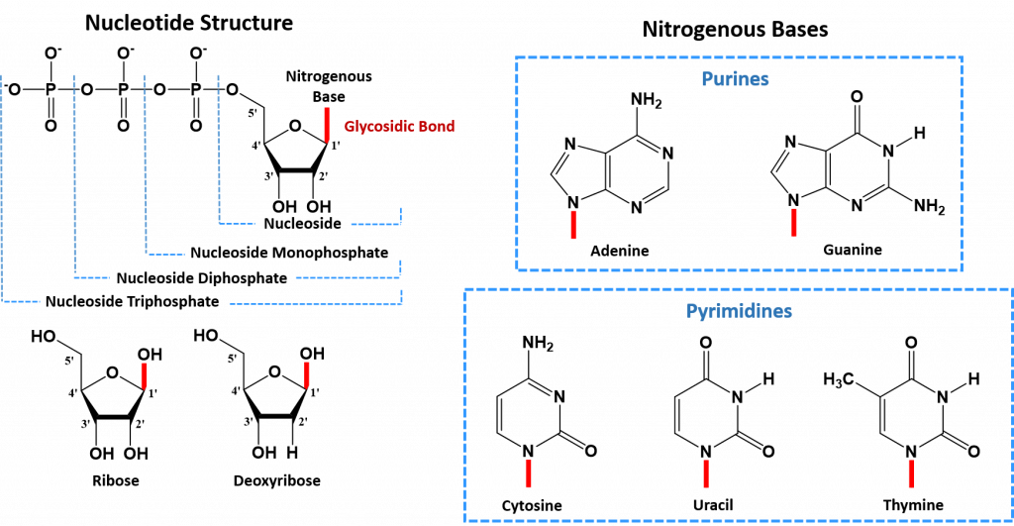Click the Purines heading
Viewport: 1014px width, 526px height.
(x=735, y=79)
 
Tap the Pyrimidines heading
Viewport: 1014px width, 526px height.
(x=739, y=311)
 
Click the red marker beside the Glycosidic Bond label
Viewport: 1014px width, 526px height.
(x=327, y=124)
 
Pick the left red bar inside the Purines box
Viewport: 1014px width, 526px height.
(x=573, y=224)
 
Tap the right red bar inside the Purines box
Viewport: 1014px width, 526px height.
(x=794, y=223)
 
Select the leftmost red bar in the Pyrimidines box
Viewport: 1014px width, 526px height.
(x=528, y=473)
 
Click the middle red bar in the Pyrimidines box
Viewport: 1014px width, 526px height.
(x=706, y=473)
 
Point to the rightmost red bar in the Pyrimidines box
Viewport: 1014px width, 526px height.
(x=911, y=473)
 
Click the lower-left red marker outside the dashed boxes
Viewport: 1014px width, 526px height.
(x=144, y=375)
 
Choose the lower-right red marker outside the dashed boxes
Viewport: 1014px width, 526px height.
(x=307, y=374)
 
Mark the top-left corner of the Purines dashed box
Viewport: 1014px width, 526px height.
(x=517, y=57)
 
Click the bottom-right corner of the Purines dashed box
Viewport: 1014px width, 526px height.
(x=962, y=268)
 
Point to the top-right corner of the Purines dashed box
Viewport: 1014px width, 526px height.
(x=962, y=57)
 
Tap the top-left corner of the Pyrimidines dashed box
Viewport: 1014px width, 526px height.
(x=464, y=289)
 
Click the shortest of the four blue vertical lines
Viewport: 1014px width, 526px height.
(x=219, y=149)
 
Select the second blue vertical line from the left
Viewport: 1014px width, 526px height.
(x=74, y=173)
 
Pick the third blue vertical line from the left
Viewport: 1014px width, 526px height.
(x=146, y=163)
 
